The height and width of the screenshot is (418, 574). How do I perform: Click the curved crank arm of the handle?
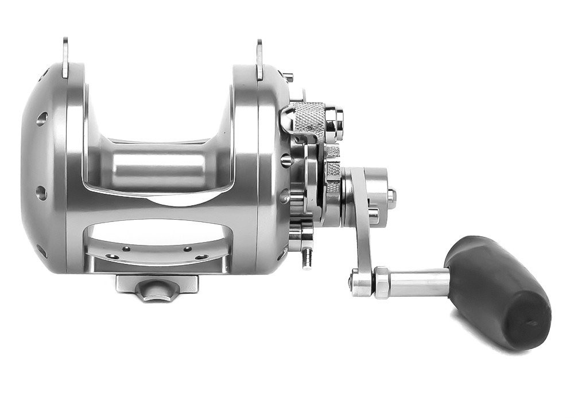[360, 230]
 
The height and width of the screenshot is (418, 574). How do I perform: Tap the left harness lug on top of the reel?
[65, 57]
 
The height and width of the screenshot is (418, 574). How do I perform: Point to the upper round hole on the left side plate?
[42, 119]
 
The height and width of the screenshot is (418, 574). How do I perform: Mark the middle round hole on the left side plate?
[41, 193]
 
